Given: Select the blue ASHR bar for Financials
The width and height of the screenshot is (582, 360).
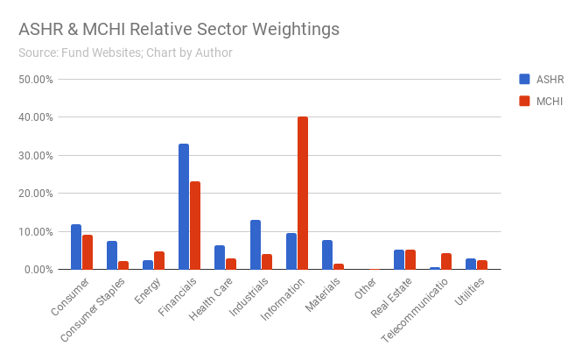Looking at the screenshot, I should click(x=184, y=207).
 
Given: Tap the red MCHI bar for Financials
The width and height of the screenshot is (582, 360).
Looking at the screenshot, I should click(x=195, y=225).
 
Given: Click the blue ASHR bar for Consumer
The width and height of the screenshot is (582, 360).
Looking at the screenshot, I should click(x=76, y=247).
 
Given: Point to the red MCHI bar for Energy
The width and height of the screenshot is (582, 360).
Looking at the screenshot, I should click(x=159, y=260).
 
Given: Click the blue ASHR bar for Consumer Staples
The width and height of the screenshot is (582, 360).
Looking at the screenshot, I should click(x=112, y=255).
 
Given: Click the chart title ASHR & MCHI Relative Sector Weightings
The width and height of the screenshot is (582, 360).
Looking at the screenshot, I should click(x=179, y=29).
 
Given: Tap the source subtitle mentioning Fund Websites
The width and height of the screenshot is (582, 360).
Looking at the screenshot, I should click(x=125, y=53).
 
